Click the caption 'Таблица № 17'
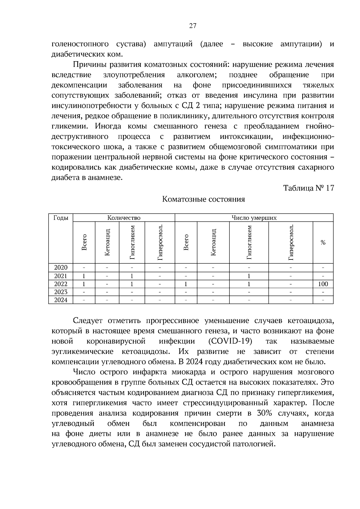pyautogui.click(x=308, y=188)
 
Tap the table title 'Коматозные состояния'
pyautogui.click(x=203, y=199)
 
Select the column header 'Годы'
pyautogui.click(x=61, y=218)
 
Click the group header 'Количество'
pyautogui.click(x=124, y=218)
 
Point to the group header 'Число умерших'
pyautogui.click(x=254, y=218)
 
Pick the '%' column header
pyautogui.click(x=323, y=243)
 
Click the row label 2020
pyautogui.click(x=61, y=268)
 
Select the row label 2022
pyautogui.click(x=61, y=284)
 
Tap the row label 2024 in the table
pyautogui.click(x=61, y=300)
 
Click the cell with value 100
pyautogui.click(x=323, y=284)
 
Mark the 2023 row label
pyautogui.click(x=61, y=292)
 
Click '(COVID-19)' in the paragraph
pyautogui.click(x=230, y=341)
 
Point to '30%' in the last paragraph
pyautogui.click(x=264, y=413)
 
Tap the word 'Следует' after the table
pyautogui.click(x=88, y=321)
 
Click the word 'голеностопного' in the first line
pyautogui.click(x=80, y=44)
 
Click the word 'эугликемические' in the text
pyautogui.click(x=82, y=352)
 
